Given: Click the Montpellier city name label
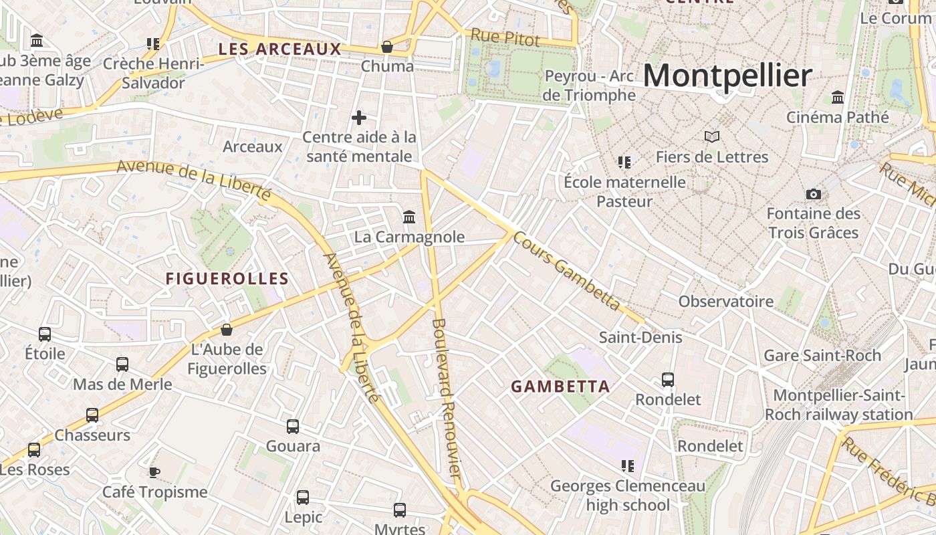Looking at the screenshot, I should [x=727, y=75].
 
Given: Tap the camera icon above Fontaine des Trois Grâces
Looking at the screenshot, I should [x=813, y=194].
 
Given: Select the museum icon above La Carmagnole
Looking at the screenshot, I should [x=409, y=217].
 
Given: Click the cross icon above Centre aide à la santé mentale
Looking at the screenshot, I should [x=359, y=118].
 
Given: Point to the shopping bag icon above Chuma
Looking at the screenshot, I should [x=386, y=47].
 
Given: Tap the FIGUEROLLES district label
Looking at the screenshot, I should [x=227, y=279].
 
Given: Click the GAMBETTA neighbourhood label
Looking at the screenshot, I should [x=560, y=387].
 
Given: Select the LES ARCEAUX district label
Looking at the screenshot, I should [x=280, y=49].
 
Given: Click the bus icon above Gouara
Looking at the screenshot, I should [x=293, y=426].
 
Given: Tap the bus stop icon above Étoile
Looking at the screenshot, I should [x=45, y=334].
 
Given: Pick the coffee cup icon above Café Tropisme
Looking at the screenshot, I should [x=154, y=472].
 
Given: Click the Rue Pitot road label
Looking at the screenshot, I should [x=505, y=38].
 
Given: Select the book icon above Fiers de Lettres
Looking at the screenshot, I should [x=712, y=137].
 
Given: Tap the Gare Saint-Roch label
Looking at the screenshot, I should [x=822, y=355].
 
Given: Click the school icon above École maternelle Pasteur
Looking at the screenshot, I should [x=624, y=162].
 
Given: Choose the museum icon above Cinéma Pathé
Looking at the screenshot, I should [x=838, y=97].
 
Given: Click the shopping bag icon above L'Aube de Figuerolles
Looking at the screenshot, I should [x=227, y=330].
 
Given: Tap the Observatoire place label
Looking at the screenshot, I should [x=726, y=301].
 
